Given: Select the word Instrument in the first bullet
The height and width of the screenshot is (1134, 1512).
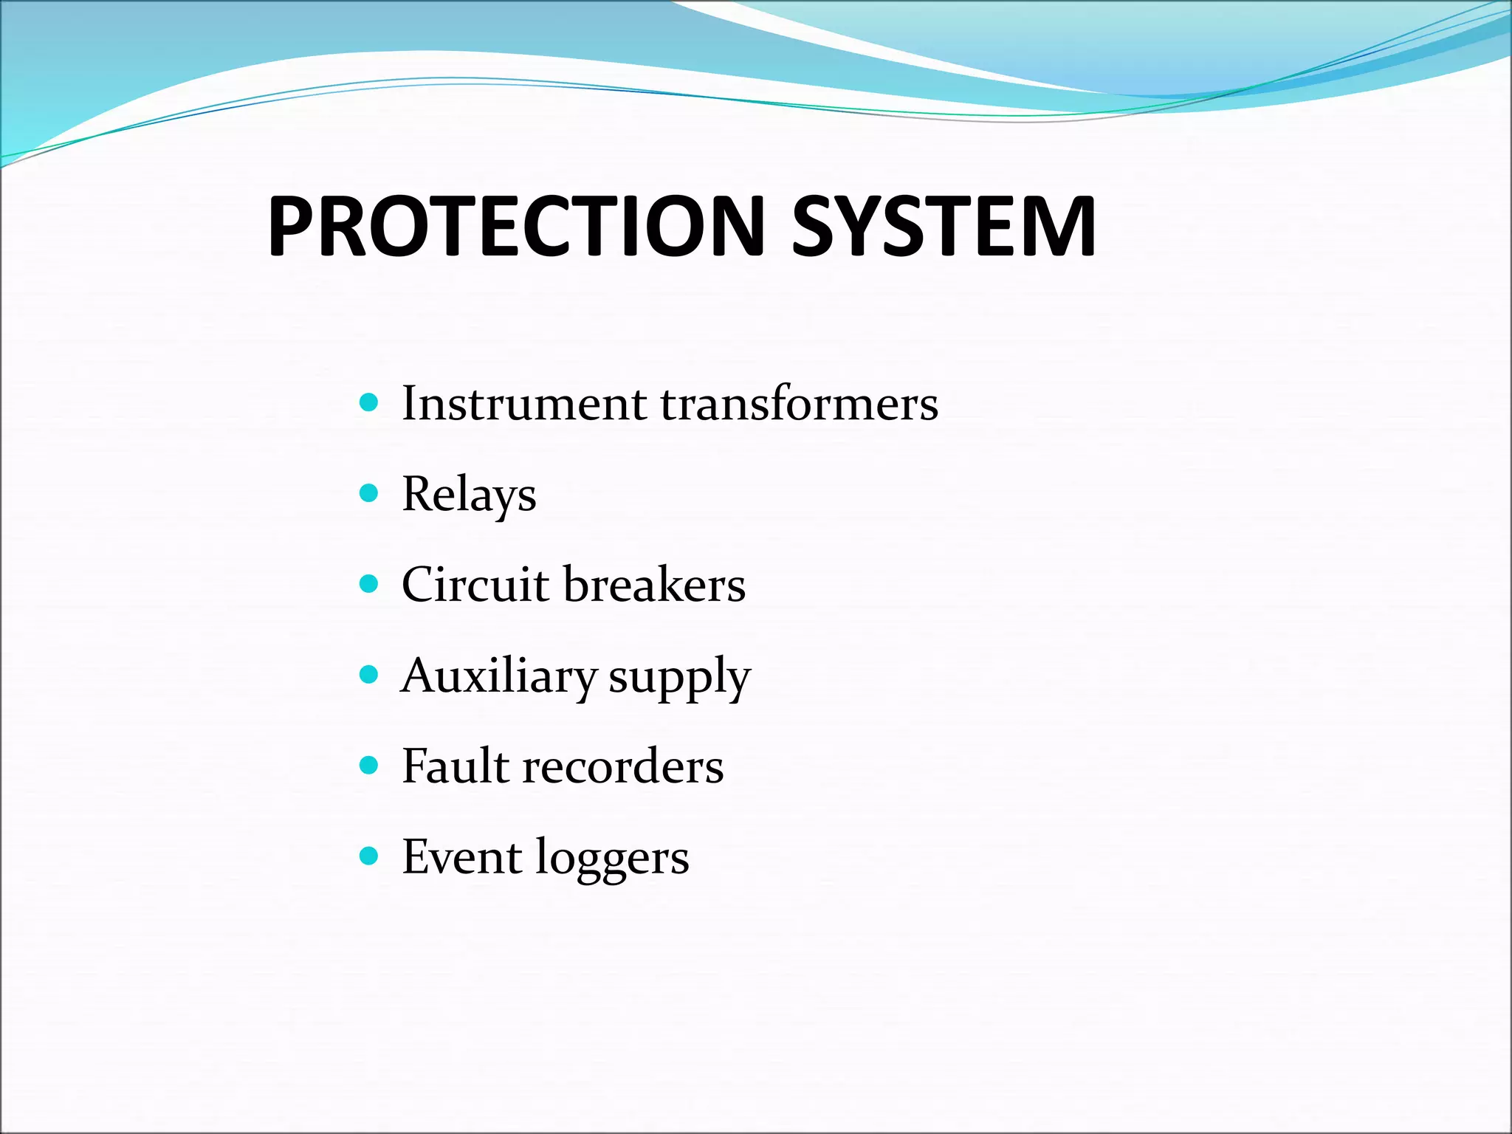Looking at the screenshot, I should [x=524, y=404].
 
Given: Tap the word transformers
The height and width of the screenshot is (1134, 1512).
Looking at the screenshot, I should [x=799, y=404].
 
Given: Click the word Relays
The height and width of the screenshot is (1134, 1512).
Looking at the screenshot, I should [x=469, y=495].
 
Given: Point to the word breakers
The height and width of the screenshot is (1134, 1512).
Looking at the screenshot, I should [x=654, y=585].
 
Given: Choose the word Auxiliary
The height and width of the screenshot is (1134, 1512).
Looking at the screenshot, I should [x=498, y=676].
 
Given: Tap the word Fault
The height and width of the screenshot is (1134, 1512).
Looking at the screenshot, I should [x=456, y=766].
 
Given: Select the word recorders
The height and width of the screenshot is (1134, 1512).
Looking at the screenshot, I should [x=623, y=766].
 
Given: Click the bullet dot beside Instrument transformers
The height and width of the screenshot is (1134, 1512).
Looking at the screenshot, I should [x=368, y=402].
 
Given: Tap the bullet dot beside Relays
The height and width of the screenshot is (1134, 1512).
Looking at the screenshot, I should [x=368, y=493].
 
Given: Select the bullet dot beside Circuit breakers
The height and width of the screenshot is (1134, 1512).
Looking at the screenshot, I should [x=368, y=584].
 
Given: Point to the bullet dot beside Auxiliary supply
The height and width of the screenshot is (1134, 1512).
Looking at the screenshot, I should [x=368, y=675].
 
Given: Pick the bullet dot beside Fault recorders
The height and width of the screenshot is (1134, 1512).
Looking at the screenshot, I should [x=368, y=765].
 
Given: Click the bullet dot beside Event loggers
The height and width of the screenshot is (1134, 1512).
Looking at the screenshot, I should [x=368, y=856].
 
